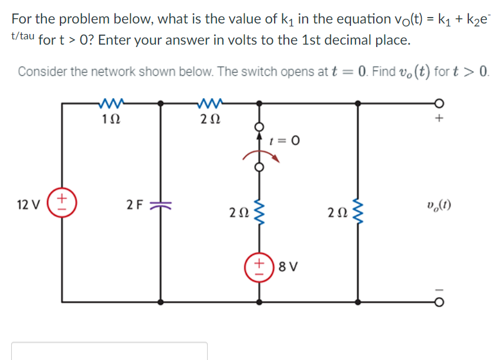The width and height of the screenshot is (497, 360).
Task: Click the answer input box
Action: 109,351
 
